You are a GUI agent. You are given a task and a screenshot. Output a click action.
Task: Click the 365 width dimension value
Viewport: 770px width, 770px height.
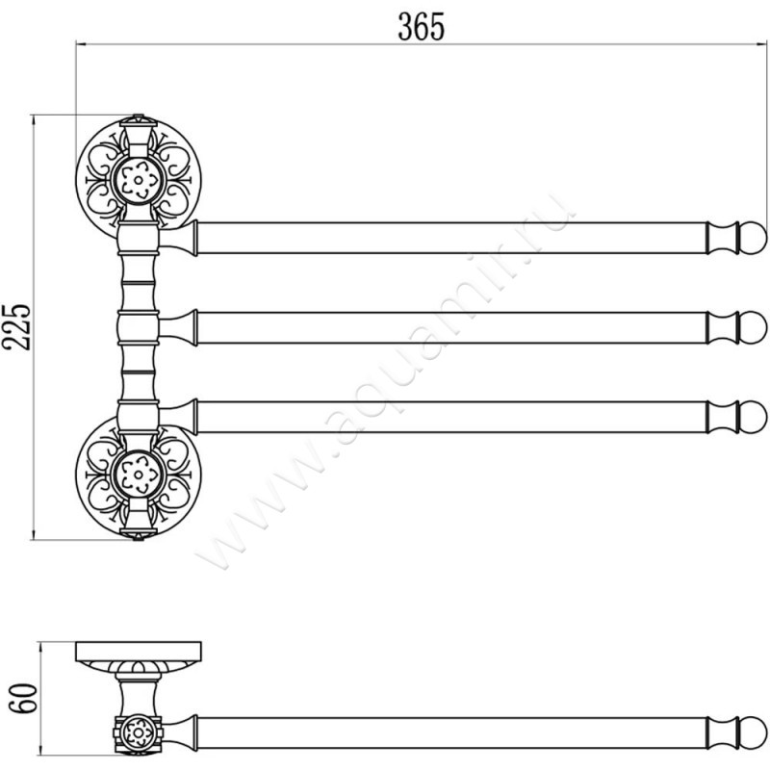click(421, 27)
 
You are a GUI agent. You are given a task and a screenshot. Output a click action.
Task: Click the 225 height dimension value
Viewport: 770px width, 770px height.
click(16, 327)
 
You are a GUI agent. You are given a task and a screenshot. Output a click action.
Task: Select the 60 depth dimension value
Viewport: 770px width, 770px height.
click(23, 699)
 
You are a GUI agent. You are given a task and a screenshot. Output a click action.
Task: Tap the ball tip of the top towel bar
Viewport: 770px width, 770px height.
click(753, 238)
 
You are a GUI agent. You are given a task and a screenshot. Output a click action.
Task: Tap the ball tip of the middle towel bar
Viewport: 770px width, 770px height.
click(753, 327)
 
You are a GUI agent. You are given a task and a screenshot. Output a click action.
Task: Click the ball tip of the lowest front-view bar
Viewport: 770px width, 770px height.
click(753, 418)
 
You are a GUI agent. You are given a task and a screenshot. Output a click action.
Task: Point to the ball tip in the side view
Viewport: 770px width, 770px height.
click(753, 732)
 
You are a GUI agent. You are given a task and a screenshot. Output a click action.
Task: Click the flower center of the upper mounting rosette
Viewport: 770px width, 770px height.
click(139, 180)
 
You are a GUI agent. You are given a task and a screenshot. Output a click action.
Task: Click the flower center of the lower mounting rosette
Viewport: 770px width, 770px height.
click(139, 475)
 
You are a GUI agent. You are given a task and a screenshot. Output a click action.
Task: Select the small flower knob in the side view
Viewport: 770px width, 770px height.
click(138, 733)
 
